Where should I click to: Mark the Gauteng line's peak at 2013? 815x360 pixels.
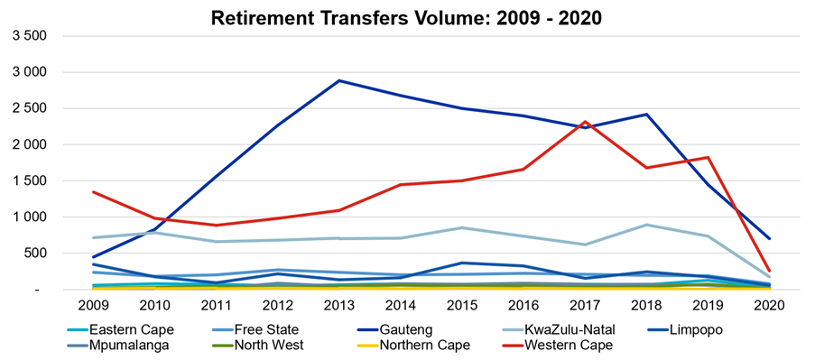coord(338,80)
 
